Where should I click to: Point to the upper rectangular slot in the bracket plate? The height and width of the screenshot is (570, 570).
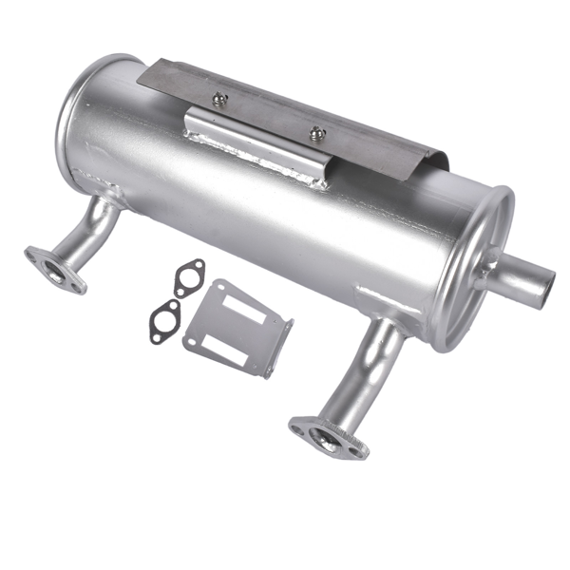(x=245, y=306)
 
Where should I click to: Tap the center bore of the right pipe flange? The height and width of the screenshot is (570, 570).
(x=329, y=440)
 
